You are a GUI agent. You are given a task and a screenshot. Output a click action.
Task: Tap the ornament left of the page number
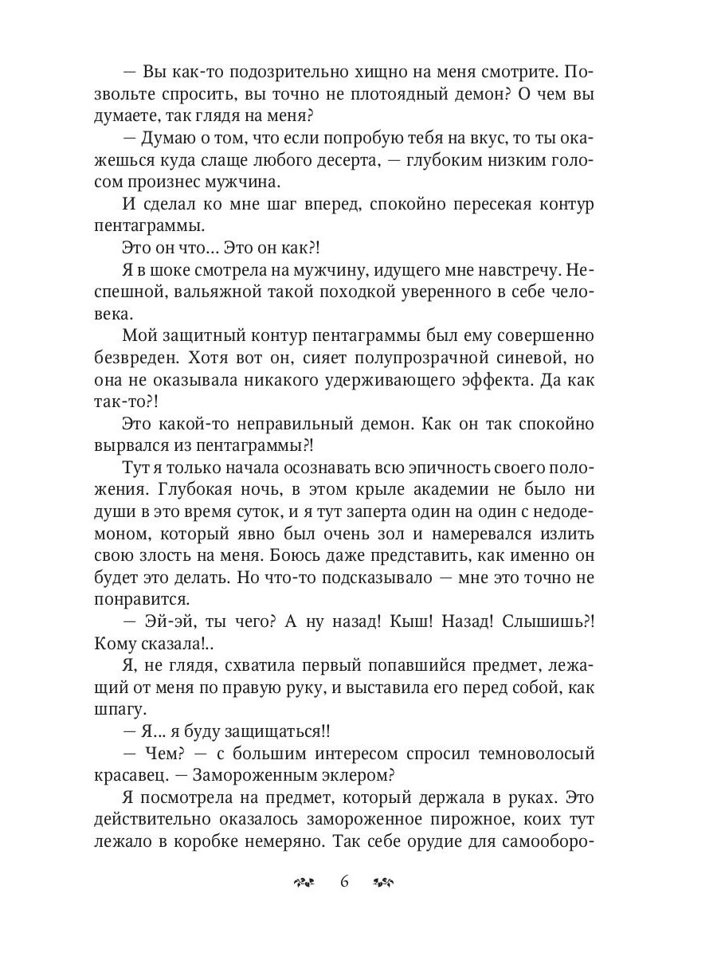(304, 882)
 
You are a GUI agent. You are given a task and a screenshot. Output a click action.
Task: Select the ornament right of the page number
(385, 882)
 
